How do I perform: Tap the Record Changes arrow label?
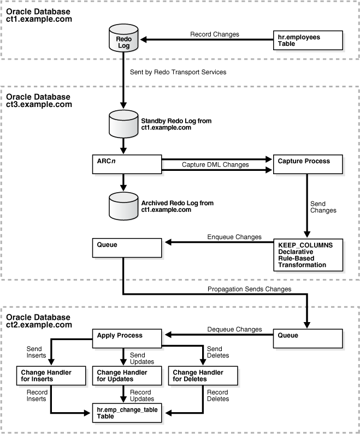214,34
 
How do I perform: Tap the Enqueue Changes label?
234,237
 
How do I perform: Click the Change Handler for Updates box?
127,376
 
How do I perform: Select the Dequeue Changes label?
234,329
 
